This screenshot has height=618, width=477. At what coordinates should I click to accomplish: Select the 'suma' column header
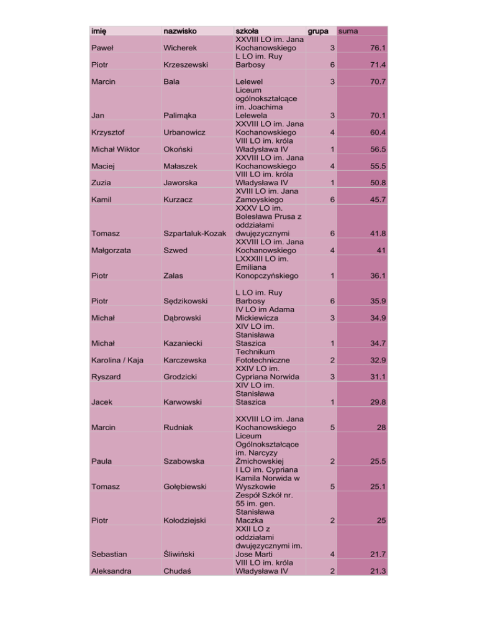click(x=347, y=30)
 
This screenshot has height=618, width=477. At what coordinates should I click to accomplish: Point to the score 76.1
click(x=377, y=47)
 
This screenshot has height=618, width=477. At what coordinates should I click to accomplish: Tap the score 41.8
click(x=377, y=233)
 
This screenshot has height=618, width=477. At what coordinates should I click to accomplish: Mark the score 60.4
click(x=377, y=132)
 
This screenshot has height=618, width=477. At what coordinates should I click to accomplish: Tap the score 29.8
click(x=377, y=402)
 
